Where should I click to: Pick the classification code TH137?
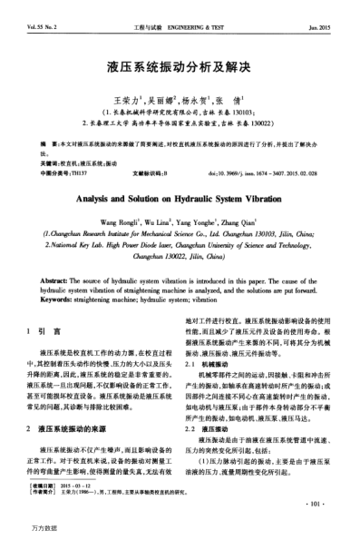79,172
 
